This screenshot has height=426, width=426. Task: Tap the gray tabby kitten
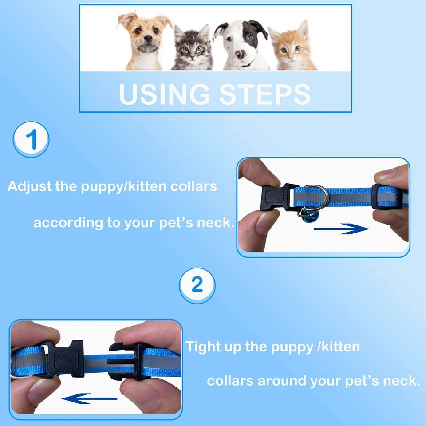point(192,48)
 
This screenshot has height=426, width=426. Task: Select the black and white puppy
point(241,44)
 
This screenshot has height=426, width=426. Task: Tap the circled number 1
point(31,140)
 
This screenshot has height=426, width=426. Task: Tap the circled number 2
point(197,285)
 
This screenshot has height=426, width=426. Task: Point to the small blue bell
point(306,216)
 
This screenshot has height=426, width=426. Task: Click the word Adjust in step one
point(29,186)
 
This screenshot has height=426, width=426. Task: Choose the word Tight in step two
point(203,347)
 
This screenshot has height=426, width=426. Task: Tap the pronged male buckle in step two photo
point(129,362)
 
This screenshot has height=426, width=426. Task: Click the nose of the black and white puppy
point(240,55)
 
